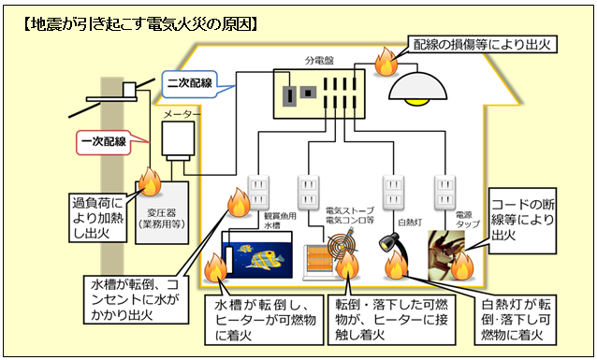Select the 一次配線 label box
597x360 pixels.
pos(104,142)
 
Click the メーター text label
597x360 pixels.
pos(181,113)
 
